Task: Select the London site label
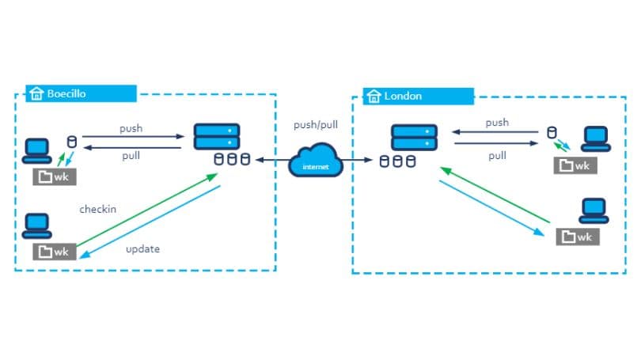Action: [402, 96]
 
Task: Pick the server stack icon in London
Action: [414, 137]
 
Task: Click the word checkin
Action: [98, 210]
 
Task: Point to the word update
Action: [142, 248]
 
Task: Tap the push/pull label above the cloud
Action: [316, 125]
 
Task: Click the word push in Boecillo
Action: [131, 128]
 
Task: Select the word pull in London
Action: [497, 156]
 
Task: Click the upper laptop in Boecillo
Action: [36, 148]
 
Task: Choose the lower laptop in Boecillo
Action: [36, 225]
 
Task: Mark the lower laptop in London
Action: [594, 209]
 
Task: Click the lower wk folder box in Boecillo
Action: [55, 252]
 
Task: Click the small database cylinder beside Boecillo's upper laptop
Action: [72, 142]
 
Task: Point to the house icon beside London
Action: [374, 96]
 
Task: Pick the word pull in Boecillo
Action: [131, 156]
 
